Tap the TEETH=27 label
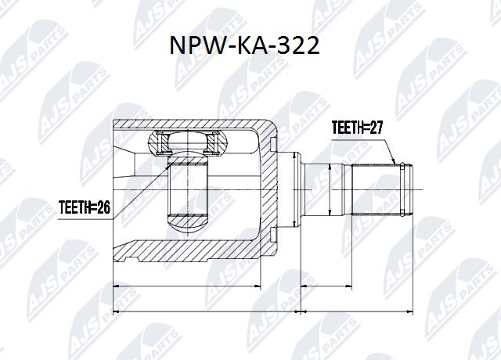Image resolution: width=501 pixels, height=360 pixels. click(x=358, y=128)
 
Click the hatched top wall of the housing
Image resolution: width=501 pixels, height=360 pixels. click(x=196, y=125)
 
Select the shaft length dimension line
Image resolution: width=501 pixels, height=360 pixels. click(x=356, y=287)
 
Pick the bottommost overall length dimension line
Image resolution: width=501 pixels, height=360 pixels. click(x=263, y=312)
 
